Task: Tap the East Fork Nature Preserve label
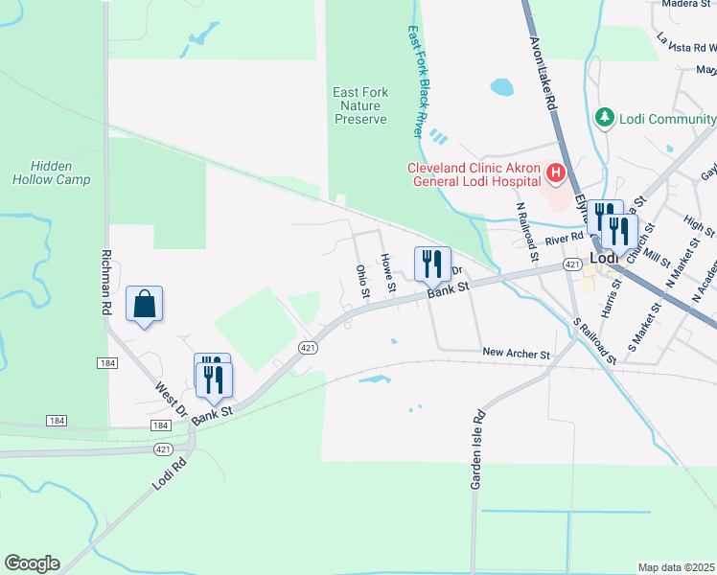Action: [360, 105]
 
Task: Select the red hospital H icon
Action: [554, 172]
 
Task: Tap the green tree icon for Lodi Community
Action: [605, 118]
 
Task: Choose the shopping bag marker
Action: [144, 305]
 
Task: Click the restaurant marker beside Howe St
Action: [432, 263]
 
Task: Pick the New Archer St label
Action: [516, 355]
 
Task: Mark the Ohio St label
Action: [363, 280]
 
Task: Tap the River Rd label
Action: [564, 240]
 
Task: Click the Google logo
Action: [32, 563]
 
